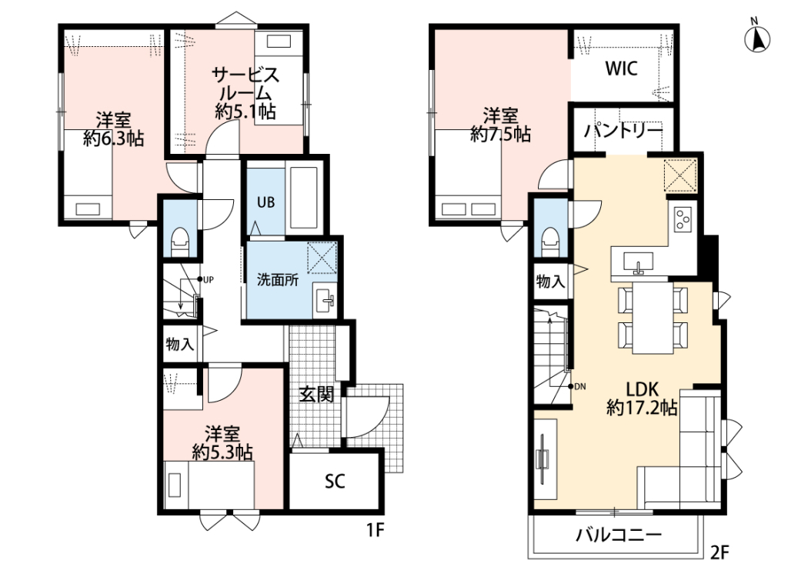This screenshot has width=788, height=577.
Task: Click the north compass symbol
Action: click(x=757, y=38)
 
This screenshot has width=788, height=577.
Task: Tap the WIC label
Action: click(x=622, y=68)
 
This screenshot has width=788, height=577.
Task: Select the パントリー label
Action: click(x=623, y=131)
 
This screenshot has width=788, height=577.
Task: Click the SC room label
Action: click(x=335, y=482)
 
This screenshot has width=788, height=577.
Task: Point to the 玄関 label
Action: click(x=316, y=395)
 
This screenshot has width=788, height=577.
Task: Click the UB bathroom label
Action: click(x=265, y=202)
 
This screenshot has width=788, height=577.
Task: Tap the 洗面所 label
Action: click(x=277, y=280)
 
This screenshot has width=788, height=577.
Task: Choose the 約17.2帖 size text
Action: click(x=642, y=407)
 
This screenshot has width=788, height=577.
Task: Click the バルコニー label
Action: click(x=619, y=535)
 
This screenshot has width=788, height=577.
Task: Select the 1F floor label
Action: click(x=375, y=530)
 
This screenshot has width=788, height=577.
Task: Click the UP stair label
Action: click(x=208, y=279)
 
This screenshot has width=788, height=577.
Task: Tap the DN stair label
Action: click(x=580, y=386)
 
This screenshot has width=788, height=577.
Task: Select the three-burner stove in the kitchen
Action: click(x=682, y=220)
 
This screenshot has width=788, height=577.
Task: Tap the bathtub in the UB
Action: click(x=304, y=197)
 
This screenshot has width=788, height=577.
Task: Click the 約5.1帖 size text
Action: click(x=245, y=111)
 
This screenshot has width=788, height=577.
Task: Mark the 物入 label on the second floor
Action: click(x=550, y=282)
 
